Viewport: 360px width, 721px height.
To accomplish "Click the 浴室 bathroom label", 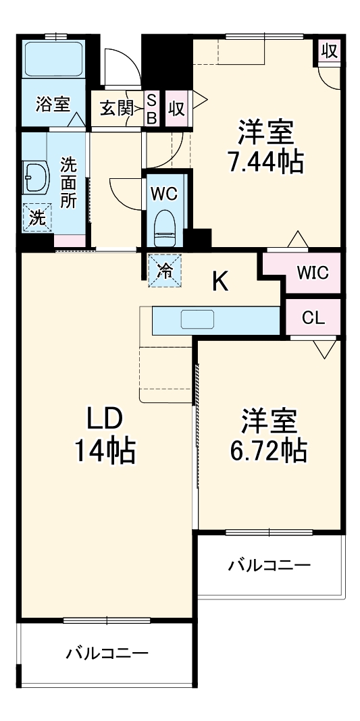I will [x=53, y=105].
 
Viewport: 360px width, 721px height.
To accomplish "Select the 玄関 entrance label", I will [x=117, y=108].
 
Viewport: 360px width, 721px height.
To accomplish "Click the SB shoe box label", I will [x=152, y=108].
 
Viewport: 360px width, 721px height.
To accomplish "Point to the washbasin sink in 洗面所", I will [x=36, y=178].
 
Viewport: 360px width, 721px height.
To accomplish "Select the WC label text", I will [x=163, y=194].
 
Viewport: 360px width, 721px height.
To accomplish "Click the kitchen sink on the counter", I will [x=197, y=319].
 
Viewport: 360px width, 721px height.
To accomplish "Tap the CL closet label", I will [x=313, y=317].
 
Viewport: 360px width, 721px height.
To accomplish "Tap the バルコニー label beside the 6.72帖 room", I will [x=269, y=565].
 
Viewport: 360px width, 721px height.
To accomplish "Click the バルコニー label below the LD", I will [x=107, y=653].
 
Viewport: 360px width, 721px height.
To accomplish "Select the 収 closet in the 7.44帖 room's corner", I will [x=328, y=51].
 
